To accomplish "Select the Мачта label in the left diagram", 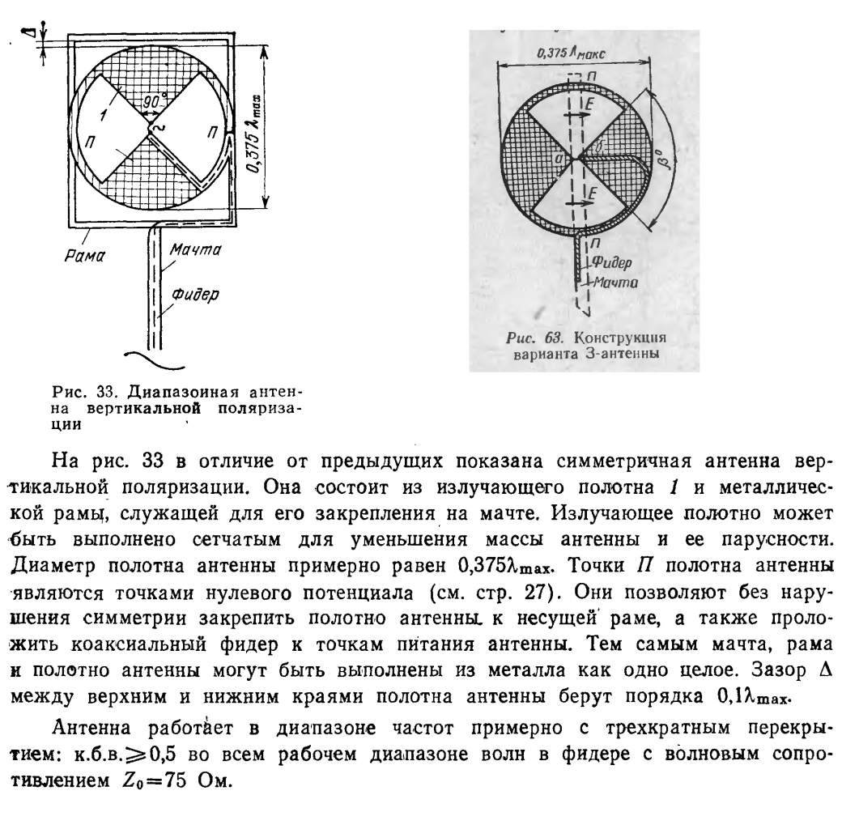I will (194, 250).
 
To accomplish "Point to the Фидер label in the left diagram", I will (194, 293).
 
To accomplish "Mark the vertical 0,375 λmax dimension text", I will (257, 134).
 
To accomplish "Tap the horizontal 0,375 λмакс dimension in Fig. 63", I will (571, 53).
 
